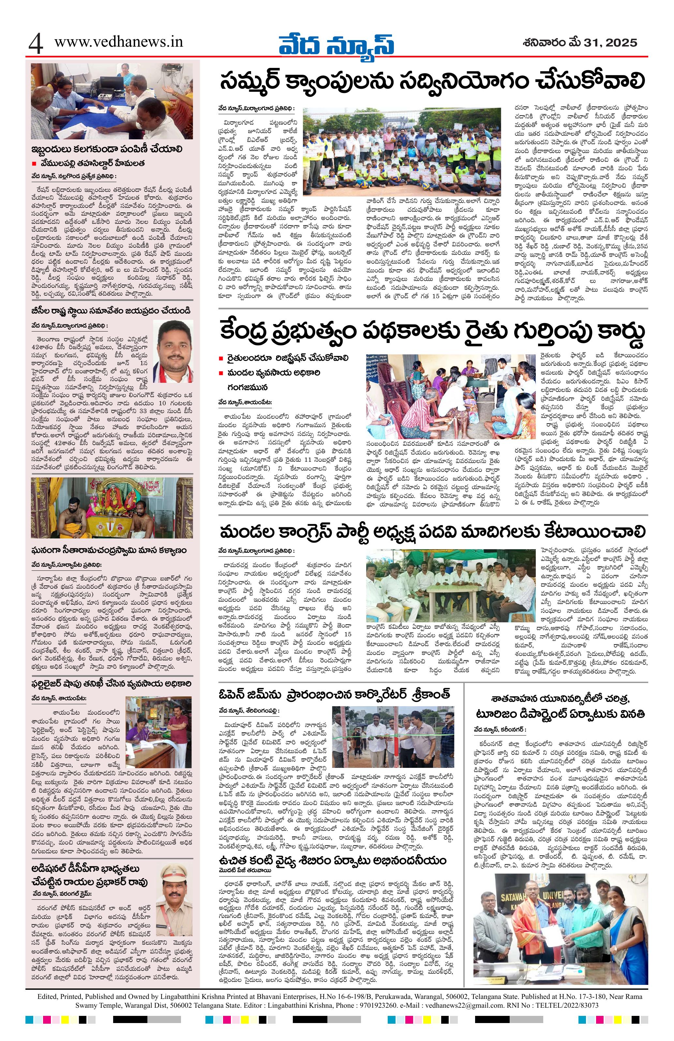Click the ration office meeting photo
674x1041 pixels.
pyautogui.click(x=112, y=100)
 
